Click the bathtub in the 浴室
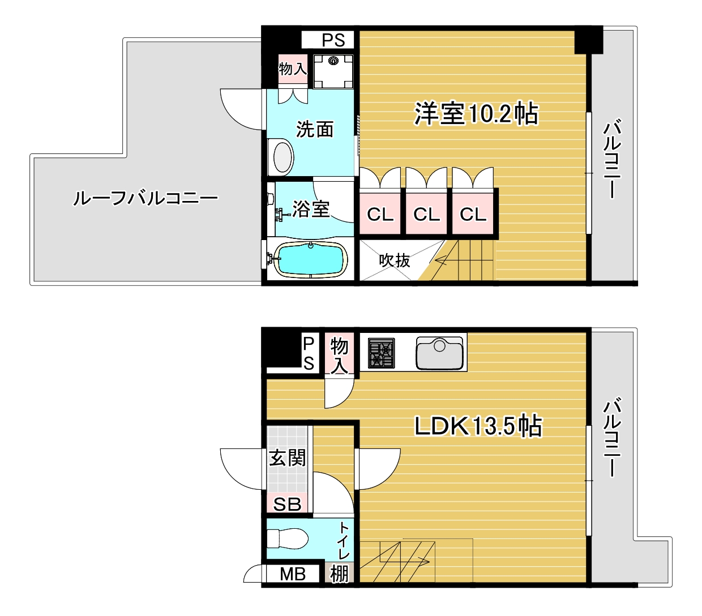pyautogui.click(x=310, y=260)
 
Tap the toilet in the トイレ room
pyautogui.click(x=287, y=538)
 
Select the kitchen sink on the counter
pyautogui.click(x=439, y=353)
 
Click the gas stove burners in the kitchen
pyautogui.click(x=381, y=353)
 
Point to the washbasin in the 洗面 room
pyautogui.click(x=281, y=157)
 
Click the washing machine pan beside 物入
pyautogui.click(x=333, y=71)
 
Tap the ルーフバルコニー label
pyautogui.click(x=145, y=199)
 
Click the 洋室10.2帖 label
pyautogui.click(x=476, y=113)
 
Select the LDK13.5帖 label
pyautogui.click(x=478, y=426)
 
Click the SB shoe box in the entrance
pyautogui.click(x=287, y=504)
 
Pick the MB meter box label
pyautogui.click(x=293, y=574)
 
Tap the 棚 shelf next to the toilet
pyautogui.click(x=339, y=574)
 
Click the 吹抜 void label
pyautogui.click(x=395, y=260)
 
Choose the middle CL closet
pyautogui.click(x=426, y=214)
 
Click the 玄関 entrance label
pyautogui.click(x=288, y=458)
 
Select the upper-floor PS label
pyautogui.click(x=333, y=40)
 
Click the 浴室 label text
pyautogui.click(x=311, y=209)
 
